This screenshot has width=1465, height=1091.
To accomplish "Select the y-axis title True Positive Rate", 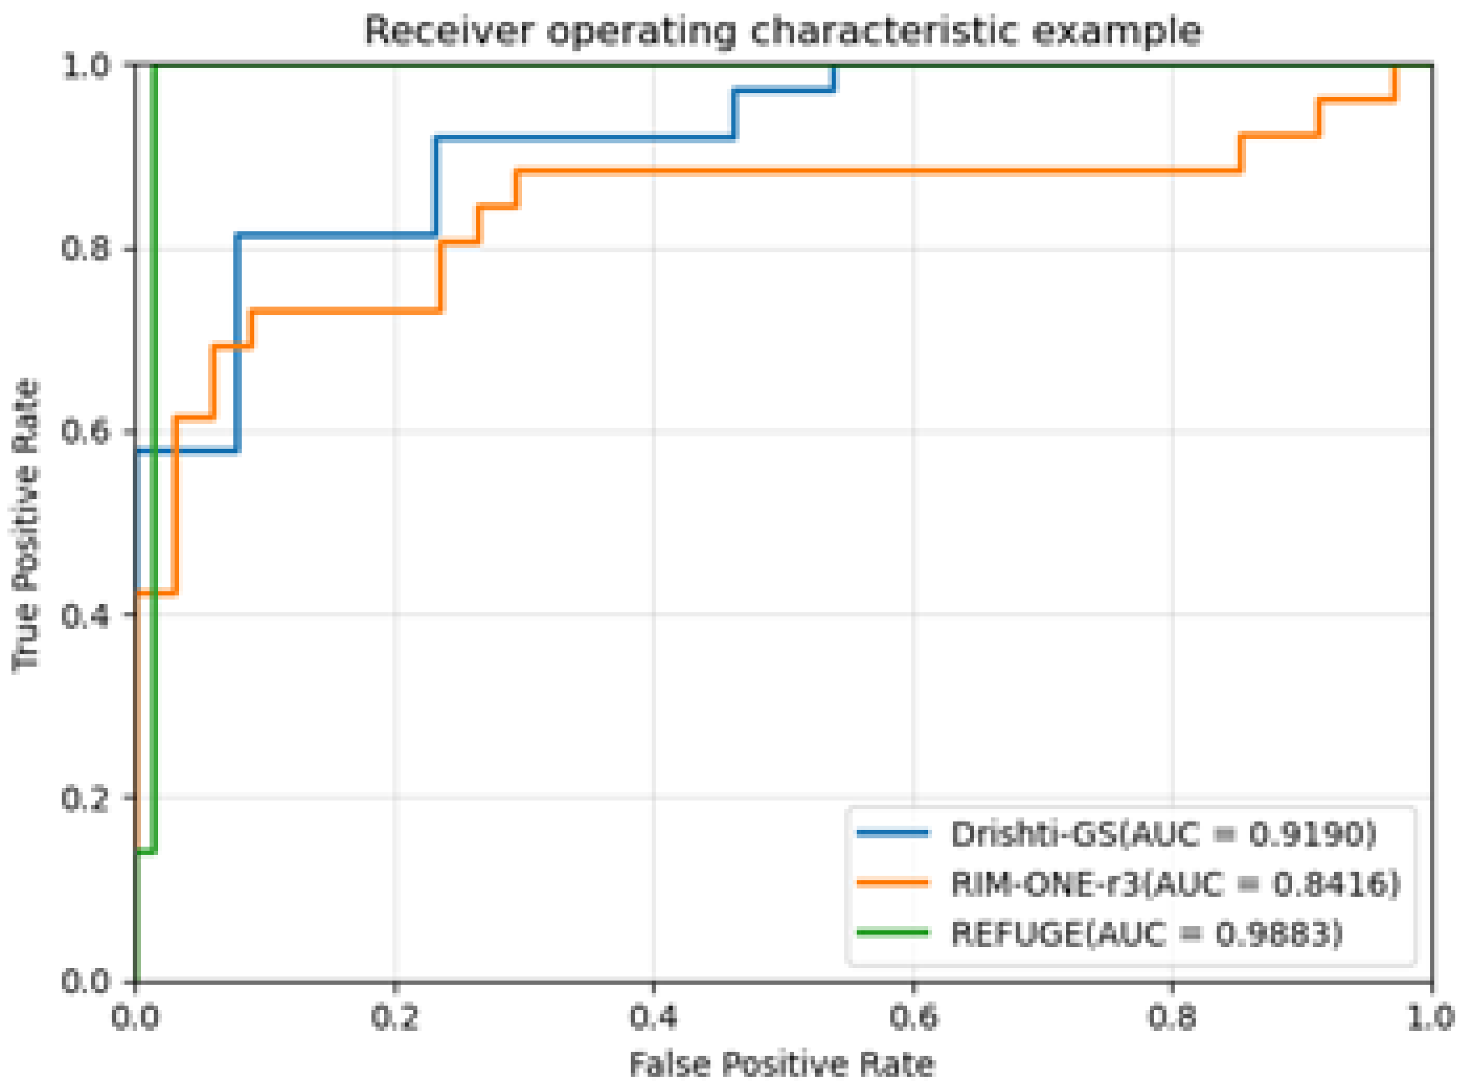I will (26, 525).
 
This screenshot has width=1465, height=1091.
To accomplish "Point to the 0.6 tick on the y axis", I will (85, 431).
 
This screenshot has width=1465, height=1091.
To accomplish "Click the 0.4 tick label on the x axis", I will (653, 1017).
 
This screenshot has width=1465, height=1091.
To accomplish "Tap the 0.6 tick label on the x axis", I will (912, 1017).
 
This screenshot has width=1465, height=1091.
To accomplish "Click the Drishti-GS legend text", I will (1033, 835).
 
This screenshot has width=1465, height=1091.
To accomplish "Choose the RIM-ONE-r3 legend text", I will (1047, 884).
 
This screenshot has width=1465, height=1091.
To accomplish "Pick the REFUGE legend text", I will (1017, 934).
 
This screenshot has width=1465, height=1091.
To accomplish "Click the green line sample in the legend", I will (893, 933).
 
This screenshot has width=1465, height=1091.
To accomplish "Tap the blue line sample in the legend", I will (893, 834).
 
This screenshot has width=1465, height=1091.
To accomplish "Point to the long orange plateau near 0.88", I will (858, 171).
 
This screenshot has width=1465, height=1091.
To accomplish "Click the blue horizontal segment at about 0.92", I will (581, 138).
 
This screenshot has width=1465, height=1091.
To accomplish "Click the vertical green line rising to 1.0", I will (154, 463).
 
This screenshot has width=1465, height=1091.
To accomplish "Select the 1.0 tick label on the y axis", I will (85, 66).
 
